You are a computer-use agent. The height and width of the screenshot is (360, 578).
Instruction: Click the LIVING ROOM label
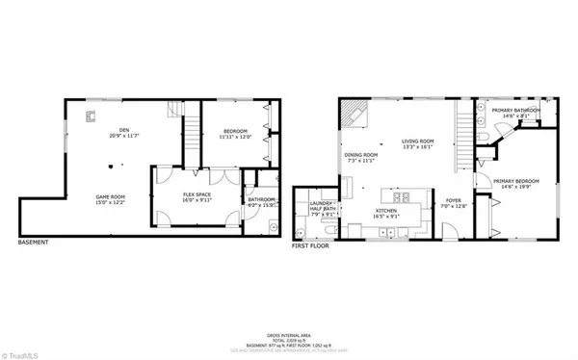point(419,142)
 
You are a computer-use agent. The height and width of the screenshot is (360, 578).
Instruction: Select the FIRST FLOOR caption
point(310,245)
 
